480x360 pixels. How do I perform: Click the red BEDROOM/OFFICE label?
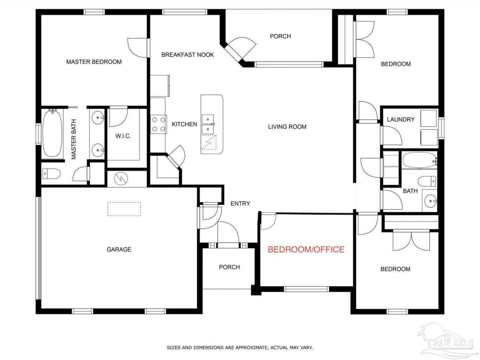click(306, 249)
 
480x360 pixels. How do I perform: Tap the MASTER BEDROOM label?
click(94, 62)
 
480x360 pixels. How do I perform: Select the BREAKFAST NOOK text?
click(187, 55)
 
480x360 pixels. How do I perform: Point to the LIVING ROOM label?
click(287, 127)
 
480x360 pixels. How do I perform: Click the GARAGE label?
click(119, 249)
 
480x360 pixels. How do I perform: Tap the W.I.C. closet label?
click(123, 136)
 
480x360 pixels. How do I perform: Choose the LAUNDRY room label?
click(400, 120)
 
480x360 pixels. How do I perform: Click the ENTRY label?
click(240, 204)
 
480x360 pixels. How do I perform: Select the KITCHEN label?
click(184, 124)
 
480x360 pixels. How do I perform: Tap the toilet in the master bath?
click(51, 174)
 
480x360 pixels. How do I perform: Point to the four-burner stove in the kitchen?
click(159, 124)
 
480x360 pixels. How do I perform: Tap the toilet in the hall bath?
click(427, 181)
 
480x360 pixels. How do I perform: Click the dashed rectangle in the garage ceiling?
click(124, 209)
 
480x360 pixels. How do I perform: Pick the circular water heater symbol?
click(121, 179)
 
